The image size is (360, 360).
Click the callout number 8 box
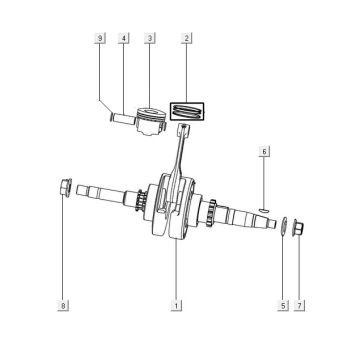63,303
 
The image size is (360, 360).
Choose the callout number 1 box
175,303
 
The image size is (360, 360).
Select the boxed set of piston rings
187,108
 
